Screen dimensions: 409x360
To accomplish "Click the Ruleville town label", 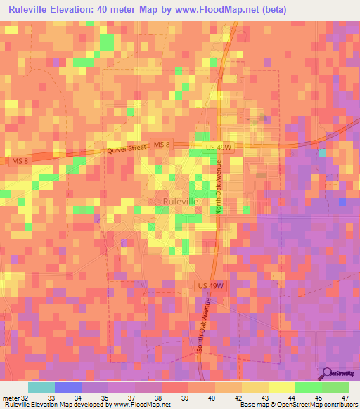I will [180, 201].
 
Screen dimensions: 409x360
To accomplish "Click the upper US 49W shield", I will [219, 147].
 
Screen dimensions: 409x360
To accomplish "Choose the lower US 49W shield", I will [209, 286].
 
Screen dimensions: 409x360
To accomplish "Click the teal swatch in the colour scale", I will [41, 387].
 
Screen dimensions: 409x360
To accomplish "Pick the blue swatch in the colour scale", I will [67, 387].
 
